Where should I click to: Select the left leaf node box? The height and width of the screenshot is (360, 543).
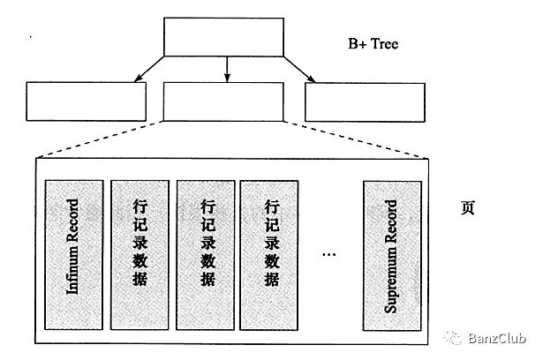[86, 101]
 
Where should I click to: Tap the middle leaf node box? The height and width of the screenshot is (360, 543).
[224, 101]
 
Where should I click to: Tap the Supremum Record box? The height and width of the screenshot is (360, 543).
[391, 255]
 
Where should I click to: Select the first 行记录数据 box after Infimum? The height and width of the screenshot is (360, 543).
[139, 255]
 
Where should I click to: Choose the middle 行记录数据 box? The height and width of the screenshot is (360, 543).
[206, 255]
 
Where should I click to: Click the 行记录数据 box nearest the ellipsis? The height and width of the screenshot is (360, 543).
[270, 255]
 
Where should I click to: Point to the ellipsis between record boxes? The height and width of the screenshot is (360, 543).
[329, 255]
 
